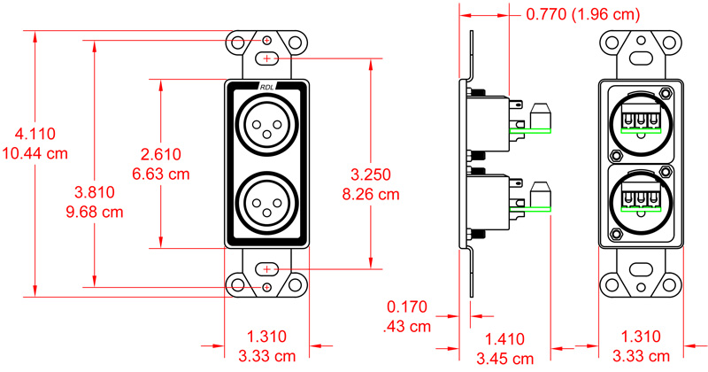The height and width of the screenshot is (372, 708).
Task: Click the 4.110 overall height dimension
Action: coord(35,135)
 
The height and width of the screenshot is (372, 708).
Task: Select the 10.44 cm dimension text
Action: coord(35,153)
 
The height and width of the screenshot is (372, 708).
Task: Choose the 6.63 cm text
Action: coord(161,174)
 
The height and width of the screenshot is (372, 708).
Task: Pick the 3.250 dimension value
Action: coord(371,174)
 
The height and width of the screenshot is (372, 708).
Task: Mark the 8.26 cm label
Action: coord(371,192)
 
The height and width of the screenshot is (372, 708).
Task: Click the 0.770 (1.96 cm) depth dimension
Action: coord(583,15)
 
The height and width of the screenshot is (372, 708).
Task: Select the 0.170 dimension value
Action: coord(408,307)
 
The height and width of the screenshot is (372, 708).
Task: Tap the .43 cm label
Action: coord(408,326)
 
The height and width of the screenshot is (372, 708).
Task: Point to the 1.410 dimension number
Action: coord(505,338)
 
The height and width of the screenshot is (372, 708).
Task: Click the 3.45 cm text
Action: coord(505,358)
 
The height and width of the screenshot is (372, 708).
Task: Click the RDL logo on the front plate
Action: coord(267,87)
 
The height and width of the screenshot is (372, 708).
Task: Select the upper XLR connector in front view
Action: coord(267,122)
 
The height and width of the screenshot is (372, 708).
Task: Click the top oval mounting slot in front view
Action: coord(267,58)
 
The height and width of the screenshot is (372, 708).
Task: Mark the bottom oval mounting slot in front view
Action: coord(267,268)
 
